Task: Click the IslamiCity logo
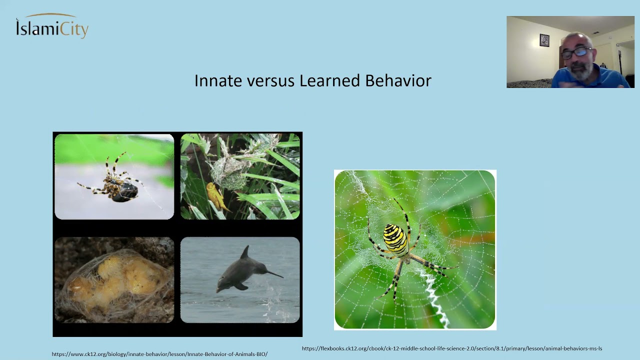click(52, 26)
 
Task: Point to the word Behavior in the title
click(398, 80)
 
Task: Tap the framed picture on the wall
click(544, 40)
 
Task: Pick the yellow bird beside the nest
click(216, 196)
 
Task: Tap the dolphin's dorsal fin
click(245, 252)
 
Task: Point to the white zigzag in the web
click(433, 297)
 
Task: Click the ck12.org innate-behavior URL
click(159, 354)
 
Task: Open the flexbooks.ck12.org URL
click(452, 348)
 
